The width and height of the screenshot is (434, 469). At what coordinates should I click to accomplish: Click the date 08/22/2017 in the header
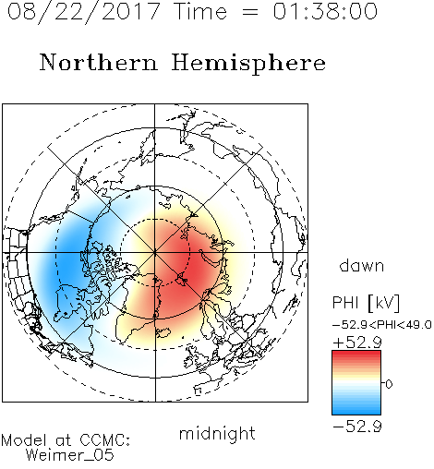[83, 12]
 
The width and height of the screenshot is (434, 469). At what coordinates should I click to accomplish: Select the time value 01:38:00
[325, 11]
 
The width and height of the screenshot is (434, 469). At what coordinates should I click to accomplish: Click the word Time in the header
[200, 11]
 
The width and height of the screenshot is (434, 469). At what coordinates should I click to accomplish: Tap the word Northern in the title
[99, 62]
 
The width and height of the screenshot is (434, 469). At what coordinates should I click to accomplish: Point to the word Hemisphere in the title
[248, 64]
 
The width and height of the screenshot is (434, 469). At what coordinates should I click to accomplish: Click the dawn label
[362, 265]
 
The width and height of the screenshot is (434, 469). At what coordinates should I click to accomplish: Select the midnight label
[217, 433]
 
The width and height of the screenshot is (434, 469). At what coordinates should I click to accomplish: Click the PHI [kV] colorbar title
[366, 303]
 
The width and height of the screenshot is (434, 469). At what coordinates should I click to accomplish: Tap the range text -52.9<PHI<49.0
[382, 325]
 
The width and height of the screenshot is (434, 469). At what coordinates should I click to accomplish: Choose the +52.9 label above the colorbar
[357, 343]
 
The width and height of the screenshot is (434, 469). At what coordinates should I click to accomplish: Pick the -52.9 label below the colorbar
[357, 427]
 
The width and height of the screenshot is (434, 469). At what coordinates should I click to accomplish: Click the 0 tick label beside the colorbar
[389, 384]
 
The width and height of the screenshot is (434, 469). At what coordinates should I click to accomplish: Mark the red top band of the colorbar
[356, 355]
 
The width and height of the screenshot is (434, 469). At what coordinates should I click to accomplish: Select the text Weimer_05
[70, 455]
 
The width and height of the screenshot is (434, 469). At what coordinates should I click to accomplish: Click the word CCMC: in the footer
[105, 440]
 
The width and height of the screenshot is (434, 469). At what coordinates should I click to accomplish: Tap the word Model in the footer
[24, 440]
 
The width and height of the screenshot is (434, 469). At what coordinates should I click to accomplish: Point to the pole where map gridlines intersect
[155, 253]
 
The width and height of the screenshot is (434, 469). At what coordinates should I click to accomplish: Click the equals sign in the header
[250, 12]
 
